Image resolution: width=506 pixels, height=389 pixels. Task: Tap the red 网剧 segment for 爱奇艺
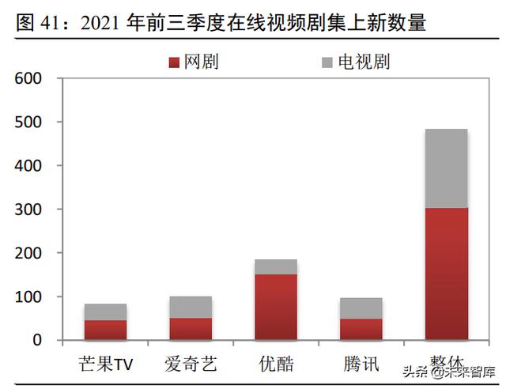point(191,329)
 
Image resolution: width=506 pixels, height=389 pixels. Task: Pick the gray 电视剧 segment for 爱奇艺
point(191,307)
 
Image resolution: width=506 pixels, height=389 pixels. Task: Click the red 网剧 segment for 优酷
point(277,308)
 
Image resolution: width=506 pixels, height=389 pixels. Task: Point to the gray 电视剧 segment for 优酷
point(277,266)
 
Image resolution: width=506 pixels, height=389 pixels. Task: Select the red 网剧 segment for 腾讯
point(362,329)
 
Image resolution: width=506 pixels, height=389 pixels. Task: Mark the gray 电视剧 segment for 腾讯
point(362,308)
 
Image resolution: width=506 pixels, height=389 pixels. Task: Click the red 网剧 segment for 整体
point(446,274)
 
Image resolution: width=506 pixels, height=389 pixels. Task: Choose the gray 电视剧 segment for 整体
point(446,168)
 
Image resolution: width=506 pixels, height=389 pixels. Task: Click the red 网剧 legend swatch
point(176,62)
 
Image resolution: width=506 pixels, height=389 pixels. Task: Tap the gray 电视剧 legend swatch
point(329,62)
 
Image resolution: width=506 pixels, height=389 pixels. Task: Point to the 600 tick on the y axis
point(28,79)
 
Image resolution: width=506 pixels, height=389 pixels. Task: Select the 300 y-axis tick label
point(28,210)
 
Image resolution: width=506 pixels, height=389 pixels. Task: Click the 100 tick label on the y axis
point(28,296)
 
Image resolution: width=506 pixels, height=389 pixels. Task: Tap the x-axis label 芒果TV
point(108,364)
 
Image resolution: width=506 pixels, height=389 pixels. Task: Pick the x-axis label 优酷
point(277,364)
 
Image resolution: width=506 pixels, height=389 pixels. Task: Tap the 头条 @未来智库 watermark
point(447,372)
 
